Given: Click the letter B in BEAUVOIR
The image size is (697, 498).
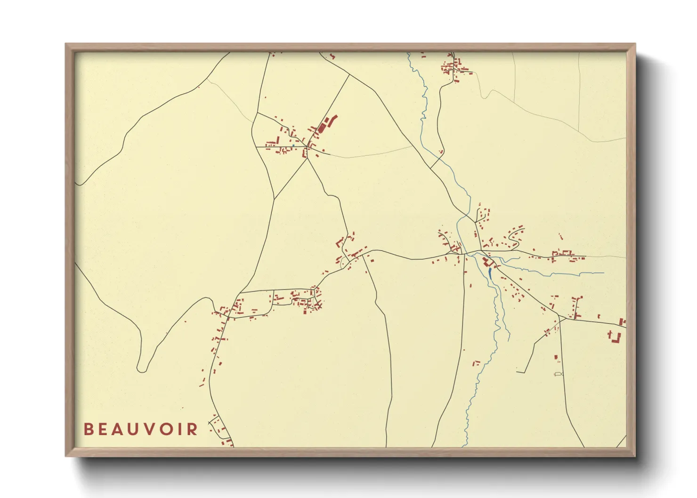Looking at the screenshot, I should click(88, 429).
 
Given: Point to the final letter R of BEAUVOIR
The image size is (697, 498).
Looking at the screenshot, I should click(192, 429).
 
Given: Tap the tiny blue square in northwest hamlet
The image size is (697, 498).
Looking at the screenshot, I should click(293, 145).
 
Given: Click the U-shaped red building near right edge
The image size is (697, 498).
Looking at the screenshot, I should click(615, 337).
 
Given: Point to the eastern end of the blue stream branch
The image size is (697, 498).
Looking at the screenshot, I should click(603, 273).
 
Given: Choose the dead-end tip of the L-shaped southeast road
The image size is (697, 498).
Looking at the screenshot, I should click(517, 372).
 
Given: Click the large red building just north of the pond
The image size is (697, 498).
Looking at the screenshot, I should click(485, 261).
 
